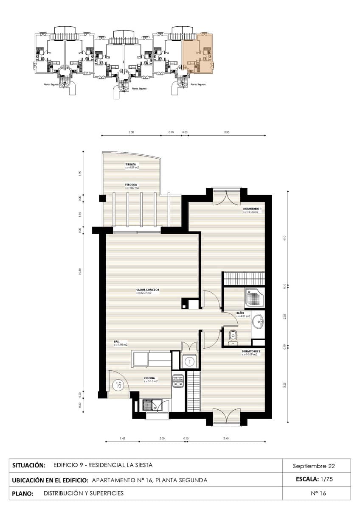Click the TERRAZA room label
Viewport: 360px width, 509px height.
tap(130, 165)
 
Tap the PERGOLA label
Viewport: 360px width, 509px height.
tap(130, 185)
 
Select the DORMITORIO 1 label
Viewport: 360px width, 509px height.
tap(252, 209)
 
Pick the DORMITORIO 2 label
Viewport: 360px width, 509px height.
tap(251, 351)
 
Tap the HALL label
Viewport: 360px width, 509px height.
tap(116, 341)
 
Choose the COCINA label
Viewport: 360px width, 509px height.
tap(149, 378)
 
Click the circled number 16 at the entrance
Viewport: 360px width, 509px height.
tap(118, 385)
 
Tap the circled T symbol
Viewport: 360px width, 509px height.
tap(189, 362)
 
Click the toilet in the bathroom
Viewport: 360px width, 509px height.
tap(232, 336)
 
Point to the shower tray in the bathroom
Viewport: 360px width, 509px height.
tap(255, 298)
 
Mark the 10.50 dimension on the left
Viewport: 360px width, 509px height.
tap(79, 271)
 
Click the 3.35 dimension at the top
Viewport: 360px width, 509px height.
tap(227, 132)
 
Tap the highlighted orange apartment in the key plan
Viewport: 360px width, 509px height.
tap(198, 53)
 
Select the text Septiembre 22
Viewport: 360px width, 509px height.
tap(314, 466)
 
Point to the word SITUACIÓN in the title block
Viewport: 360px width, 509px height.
tap(29, 465)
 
